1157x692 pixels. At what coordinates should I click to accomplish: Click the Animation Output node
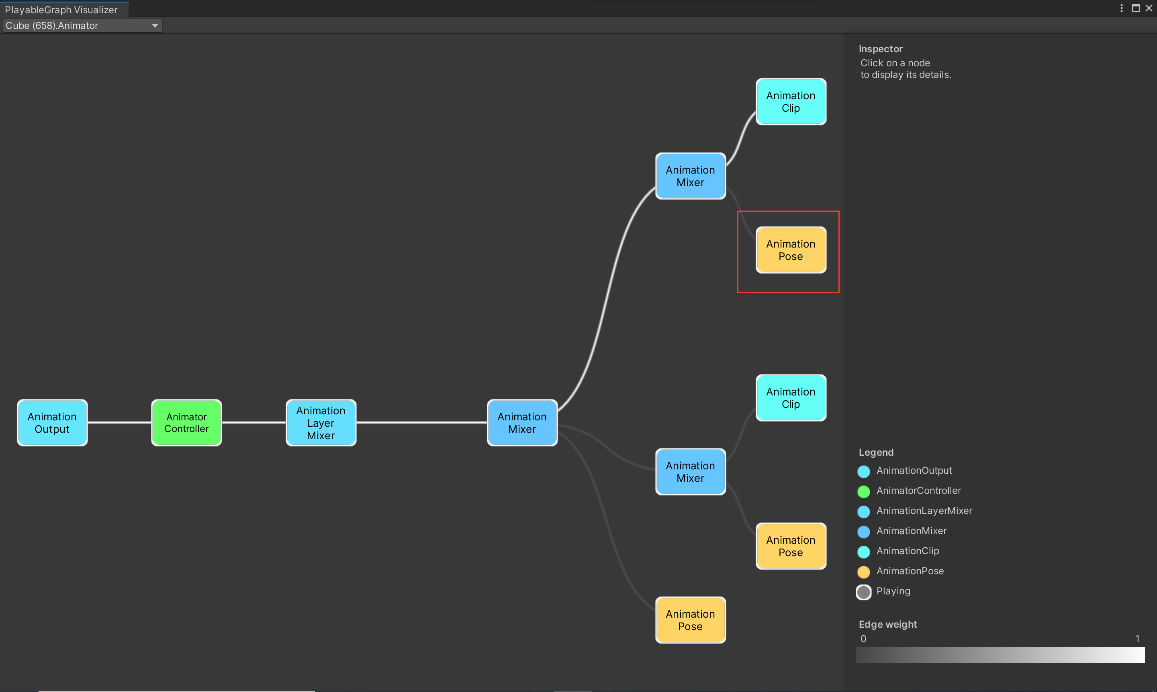pos(52,422)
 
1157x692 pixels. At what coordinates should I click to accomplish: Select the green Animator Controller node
pos(186,422)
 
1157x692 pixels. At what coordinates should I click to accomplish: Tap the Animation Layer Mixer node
pos(321,422)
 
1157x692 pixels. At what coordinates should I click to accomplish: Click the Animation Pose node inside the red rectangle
pos(791,250)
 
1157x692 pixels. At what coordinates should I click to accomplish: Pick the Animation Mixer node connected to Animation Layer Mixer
pos(522,422)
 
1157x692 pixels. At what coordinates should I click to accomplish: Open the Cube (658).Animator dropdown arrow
pos(155,26)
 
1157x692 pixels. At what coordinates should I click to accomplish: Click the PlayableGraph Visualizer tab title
pos(61,10)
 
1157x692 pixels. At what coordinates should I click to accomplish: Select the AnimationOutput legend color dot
pos(863,471)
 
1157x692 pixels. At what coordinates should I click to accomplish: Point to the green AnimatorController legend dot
pos(863,491)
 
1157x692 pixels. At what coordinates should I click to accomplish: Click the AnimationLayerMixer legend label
pos(924,511)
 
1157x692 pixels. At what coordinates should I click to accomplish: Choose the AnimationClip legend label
pos(908,551)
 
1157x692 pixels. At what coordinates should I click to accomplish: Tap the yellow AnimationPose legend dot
pos(863,572)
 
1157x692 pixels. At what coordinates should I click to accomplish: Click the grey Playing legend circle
pos(863,592)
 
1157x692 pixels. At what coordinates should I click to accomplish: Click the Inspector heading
pos(881,49)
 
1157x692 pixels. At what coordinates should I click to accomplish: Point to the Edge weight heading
pos(887,624)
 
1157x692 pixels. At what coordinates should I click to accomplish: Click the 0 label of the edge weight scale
pos(863,639)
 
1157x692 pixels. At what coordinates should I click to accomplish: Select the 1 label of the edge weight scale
pos(1137,639)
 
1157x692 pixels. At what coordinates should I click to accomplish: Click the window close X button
pos(1149,8)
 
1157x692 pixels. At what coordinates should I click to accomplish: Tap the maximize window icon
pos(1136,8)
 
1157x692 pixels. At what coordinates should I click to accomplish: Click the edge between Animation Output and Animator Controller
pos(119,422)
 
